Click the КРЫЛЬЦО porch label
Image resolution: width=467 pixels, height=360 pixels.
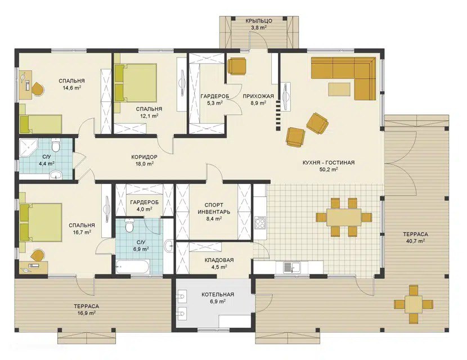[x=259, y=21]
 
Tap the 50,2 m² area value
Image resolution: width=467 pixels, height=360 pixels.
[x=328, y=169]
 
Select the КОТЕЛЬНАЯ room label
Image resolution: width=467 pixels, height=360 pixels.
[x=218, y=295]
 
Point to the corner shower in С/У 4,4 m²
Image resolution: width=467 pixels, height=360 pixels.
[x=28, y=147]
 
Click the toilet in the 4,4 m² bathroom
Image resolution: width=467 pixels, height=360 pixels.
[x=55, y=145]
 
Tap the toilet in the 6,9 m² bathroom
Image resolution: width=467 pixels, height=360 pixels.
[x=129, y=226]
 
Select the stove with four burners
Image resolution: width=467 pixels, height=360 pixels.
[x=260, y=222]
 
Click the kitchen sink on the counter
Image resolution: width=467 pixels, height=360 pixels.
[x=292, y=267]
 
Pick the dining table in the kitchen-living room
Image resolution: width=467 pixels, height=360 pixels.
[x=344, y=217]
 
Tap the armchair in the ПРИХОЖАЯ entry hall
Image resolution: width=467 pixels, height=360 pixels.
[x=237, y=66]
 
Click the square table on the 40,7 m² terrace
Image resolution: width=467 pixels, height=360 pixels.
[x=413, y=304]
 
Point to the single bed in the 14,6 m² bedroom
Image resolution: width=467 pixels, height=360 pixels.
[x=41, y=124]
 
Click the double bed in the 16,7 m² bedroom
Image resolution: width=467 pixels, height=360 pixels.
[x=41, y=222]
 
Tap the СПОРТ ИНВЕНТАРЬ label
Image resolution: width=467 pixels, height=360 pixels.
[x=214, y=209]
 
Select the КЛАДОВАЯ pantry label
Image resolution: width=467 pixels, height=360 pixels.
[x=219, y=260]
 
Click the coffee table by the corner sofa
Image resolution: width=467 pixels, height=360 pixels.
[x=339, y=89]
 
